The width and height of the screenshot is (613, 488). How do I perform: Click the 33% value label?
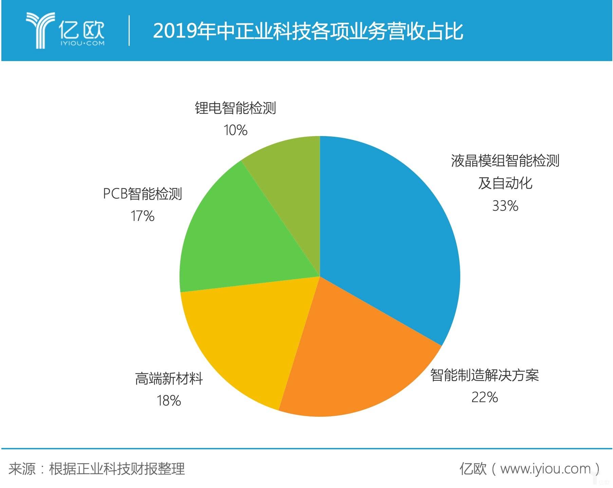(505, 206)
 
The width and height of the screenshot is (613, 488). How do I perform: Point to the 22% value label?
(484, 397)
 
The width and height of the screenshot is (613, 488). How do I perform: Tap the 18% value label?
(169, 401)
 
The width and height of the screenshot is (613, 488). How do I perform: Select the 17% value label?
(143, 216)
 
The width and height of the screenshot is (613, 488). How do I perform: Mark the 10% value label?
(235, 130)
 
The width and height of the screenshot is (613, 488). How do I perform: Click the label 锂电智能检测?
(235, 108)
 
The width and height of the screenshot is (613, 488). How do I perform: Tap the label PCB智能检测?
(143, 194)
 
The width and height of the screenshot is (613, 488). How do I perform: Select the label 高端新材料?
(169, 379)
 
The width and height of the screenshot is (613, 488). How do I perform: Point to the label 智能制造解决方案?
(484, 375)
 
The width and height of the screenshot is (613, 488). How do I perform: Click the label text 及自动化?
(505, 183)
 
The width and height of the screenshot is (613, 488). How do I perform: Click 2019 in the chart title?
(175, 31)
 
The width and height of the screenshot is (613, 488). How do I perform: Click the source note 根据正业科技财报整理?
(117, 469)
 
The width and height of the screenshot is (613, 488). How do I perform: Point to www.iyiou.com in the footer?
(545, 469)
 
